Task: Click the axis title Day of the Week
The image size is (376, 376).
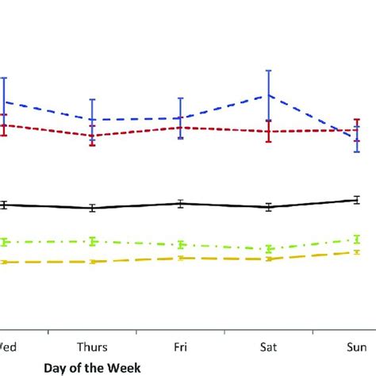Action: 92,367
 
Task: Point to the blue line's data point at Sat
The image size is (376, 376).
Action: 269,95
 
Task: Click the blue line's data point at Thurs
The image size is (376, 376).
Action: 93,120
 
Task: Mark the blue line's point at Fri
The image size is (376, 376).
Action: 181,118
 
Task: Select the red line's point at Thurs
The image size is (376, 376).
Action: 93,136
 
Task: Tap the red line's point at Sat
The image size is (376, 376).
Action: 269,132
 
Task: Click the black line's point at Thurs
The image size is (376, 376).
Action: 93,208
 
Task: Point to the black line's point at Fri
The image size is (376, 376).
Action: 181,203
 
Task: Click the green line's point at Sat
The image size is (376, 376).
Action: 269,249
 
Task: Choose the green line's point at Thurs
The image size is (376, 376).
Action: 93,241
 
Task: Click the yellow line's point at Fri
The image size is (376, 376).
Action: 181,258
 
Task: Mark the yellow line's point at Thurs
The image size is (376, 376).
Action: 93,262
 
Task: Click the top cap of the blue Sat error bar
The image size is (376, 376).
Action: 269,71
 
